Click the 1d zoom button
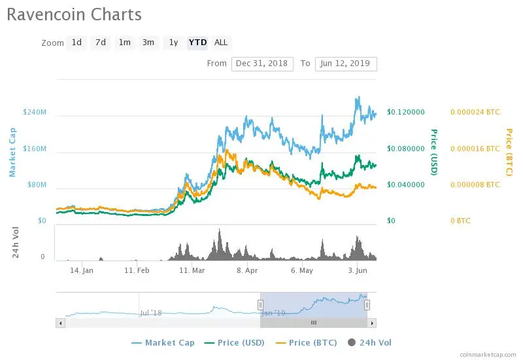click(76, 43)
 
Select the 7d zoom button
click(101, 43)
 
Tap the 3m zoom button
click(148, 43)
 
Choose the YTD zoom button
click(197, 43)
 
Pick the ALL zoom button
click(221, 43)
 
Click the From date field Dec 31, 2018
click(262, 63)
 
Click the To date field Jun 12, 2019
click(345, 63)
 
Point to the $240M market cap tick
click(34, 112)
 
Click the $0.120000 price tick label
click(406, 112)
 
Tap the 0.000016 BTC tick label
click(475, 149)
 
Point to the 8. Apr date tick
click(246, 270)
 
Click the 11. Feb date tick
click(137, 270)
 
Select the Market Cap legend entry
click(163, 342)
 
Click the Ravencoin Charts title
click(74, 14)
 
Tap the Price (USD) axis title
click(433, 153)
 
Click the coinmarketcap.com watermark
click(488, 353)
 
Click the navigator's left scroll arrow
click(61, 323)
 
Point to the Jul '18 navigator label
click(150, 313)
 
